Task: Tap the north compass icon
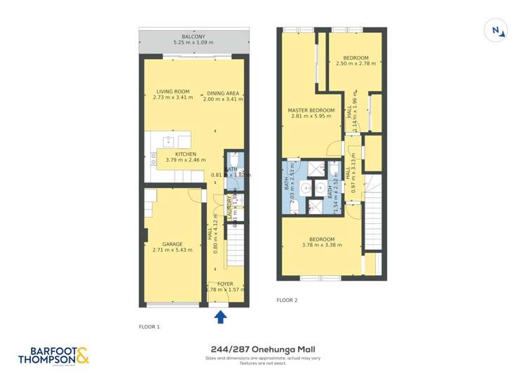(497, 29)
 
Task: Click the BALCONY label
(193, 37)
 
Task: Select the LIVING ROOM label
(173, 92)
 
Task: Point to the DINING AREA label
(223, 93)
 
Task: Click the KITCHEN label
(186, 154)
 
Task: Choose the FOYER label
(225, 284)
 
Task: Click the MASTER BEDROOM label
(311, 111)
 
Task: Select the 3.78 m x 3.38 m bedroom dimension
(321, 245)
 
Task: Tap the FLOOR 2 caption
(287, 300)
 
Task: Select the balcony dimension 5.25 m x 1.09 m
(193, 43)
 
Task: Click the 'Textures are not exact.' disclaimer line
(263, 364)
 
